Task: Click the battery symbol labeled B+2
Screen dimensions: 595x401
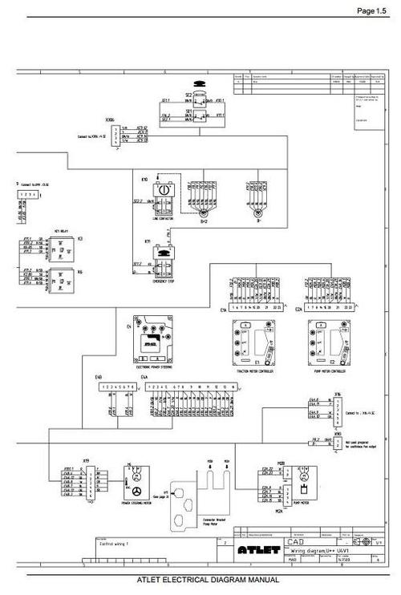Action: click(204, 213)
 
